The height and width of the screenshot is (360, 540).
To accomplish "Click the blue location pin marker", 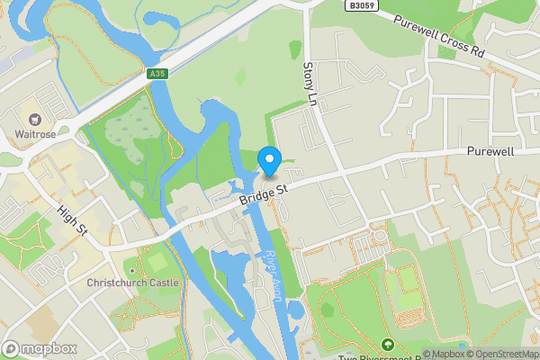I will click(x=269, y=160).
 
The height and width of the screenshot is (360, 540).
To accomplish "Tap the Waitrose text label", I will click(x=36, y=136).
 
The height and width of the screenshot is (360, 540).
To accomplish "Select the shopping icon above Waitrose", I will click(x=36, y=120).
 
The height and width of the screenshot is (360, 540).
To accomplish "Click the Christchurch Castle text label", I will click(x=133, y=283).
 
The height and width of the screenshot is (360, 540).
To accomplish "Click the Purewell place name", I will click(x=490, y=152).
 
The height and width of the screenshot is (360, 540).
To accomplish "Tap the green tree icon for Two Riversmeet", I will click(x=387, y=344).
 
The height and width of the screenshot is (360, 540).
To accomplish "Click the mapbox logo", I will click(x=40, y=348).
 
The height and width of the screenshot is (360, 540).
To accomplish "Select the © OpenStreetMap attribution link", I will click(x=501, y=354).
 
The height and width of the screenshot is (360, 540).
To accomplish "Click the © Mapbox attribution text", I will click(x=442, y=354).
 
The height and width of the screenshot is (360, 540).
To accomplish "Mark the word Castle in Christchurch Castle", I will click(x=163, y=283).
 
